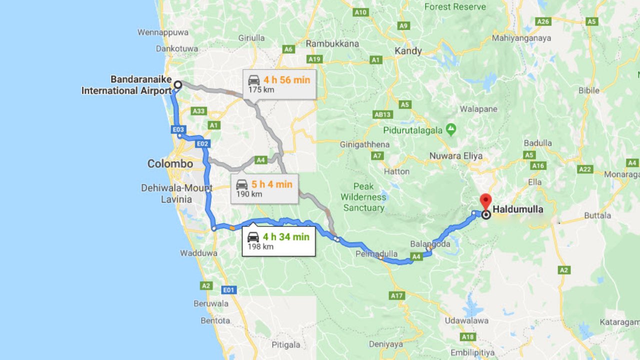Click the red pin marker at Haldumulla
(485, 201)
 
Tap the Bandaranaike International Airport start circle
(177, 85)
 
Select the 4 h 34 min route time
(286, 236)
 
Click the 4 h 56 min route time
(286, 79)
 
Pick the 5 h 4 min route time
(272, 184)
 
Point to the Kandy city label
(408, 51)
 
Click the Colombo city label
(170, 164)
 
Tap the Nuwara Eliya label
(456, 156)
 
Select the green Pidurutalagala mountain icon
(451, 130)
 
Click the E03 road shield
(178, 129)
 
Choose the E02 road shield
(202, 144)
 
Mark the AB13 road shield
(383, 114)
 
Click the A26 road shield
(543, 21)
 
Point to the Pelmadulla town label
(369, 253)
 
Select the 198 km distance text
(260, 246)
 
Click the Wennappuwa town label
(163, 32)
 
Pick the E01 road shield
(229, 290)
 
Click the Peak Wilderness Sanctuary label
(364, 197)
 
